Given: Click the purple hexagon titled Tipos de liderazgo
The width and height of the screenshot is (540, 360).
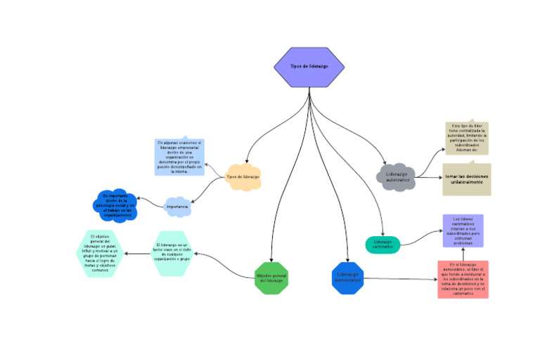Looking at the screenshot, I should pyautogui.click(x=309, y=67).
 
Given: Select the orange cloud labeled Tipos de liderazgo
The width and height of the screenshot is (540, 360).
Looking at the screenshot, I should pyautogui.click(x=243, y=177).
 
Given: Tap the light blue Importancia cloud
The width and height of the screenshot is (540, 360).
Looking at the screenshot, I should pyautogui.click(x=176, y=207).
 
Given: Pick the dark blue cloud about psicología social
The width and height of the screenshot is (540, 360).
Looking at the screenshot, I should pyautogui.click(x=115, y=205).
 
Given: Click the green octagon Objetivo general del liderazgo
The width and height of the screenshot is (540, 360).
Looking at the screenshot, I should pyautogui.click(x=271, y=278).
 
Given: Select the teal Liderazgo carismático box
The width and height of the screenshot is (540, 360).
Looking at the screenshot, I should pyautogui.click(x=382, y=245).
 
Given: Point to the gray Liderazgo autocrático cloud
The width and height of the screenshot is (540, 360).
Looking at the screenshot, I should pyautogui.click(x=397, y=176).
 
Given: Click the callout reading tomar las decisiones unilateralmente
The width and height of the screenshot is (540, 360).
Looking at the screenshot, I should pyautogui.click(x=466, y=179).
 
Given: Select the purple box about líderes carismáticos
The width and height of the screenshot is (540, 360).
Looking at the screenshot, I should pyautogui.click(x=463, y=231).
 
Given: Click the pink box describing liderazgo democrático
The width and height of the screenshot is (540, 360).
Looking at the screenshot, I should pyautogui.click(x=462, y=279).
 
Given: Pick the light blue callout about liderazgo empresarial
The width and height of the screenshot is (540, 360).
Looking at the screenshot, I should pyautogui.click(x=179, y=156).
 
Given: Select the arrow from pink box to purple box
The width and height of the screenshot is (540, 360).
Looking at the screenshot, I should pyautogui.click(x=463, y=254).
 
